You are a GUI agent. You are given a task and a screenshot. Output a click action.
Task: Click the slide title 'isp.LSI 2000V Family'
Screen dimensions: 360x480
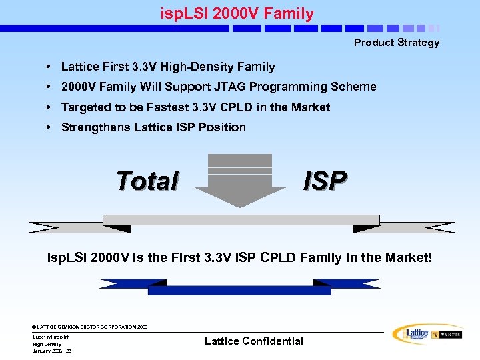pyautogui.click(x=237, y=13)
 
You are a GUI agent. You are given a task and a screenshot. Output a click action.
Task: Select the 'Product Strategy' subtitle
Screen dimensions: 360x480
pyautogui.click(x=396, y=43)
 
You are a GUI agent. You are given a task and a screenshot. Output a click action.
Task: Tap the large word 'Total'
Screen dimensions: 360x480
pyautogui.click(x=147, y=181)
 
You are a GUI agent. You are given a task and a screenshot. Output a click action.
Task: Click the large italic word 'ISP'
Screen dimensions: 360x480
pyautogui.click(x=325, y=180)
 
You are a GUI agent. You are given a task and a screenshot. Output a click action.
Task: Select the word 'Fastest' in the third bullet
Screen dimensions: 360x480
pyautogui.click(x=167, y=107)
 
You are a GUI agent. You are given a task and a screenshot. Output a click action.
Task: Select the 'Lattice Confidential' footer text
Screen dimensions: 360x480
pyautogui.click(x=253, y=341)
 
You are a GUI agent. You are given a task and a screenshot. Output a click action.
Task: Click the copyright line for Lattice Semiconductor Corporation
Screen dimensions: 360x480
pyautogui.click(x=90, y=327)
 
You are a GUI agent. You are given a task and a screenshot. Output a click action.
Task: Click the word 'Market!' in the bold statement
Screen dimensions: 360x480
pyautogui.click(x=407, y=257)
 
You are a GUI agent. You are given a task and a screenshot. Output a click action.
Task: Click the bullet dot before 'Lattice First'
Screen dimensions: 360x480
pyautogui.click(x=50, y=67)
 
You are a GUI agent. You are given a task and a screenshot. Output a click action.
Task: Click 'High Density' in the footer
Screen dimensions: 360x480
pyautogui.click(x=47, y=344)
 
